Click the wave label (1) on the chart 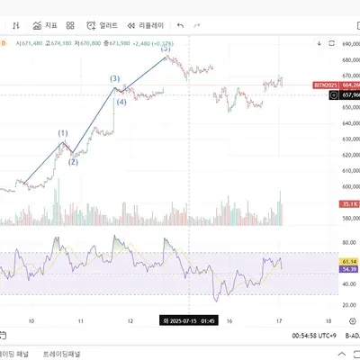point(63,133)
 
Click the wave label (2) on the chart point(73,162)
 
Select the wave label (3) point(115,78)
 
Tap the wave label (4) point(120,101)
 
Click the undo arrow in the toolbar point(181,25)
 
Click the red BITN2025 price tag point(325,85)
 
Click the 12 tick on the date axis point(130,319)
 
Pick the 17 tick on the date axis point(279,319)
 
